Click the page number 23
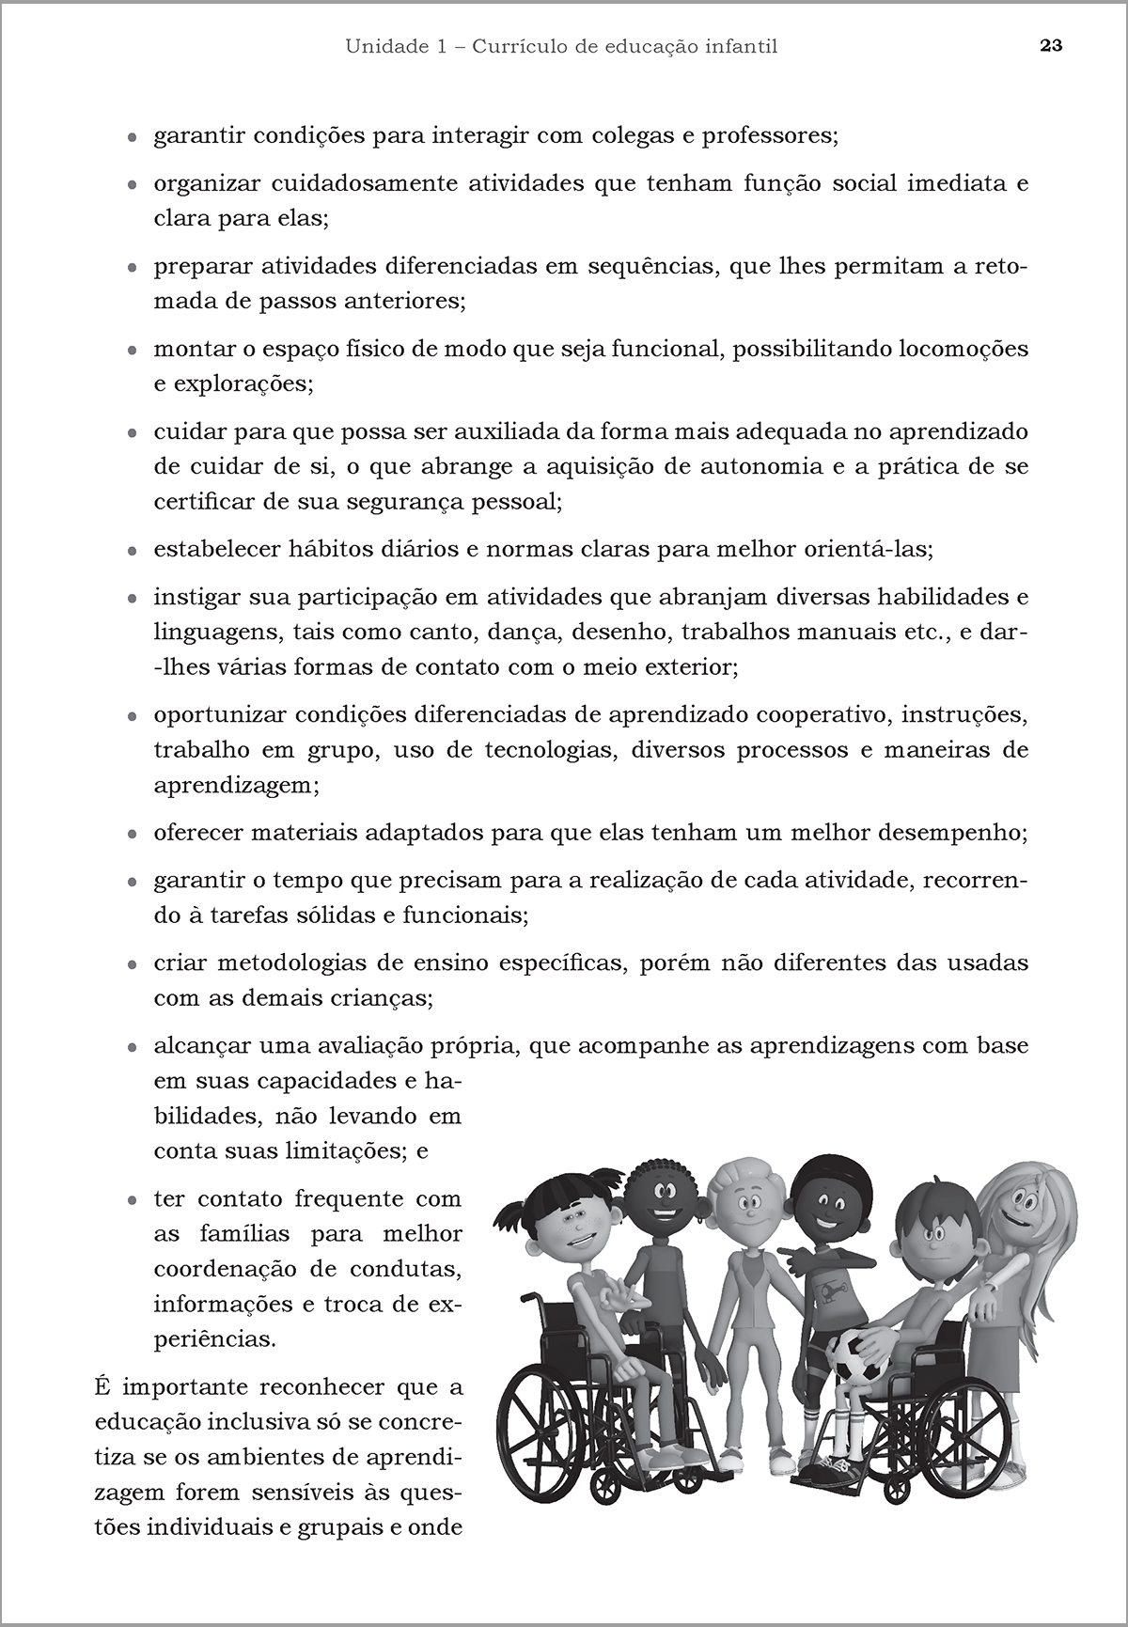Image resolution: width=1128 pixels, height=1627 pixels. click(1051, 46)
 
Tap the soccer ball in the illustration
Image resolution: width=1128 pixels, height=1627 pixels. click(859, 1352)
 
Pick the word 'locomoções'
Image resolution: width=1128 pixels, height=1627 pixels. click(963, 350)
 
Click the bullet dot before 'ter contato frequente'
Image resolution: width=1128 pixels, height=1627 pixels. click(133, 1201)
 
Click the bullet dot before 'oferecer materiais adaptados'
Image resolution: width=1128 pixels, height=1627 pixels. click(133, 835)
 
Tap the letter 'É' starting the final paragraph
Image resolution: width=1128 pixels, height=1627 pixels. click(102, 1386)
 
